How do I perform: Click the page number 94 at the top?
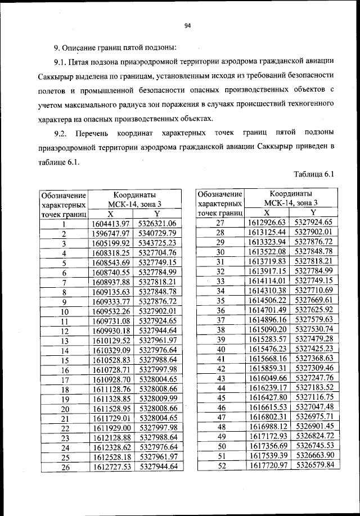click(x=188, y=25)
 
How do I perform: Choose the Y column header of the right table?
click(x=313, y=212)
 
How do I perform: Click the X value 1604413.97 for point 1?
click(x=111, y=224)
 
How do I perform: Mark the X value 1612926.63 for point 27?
click(x=267, y=223)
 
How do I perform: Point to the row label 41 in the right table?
click(x=220, y=358)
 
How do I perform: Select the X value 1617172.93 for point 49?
click(x=267, y=436)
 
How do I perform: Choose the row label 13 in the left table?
click(x=64, y=341)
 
